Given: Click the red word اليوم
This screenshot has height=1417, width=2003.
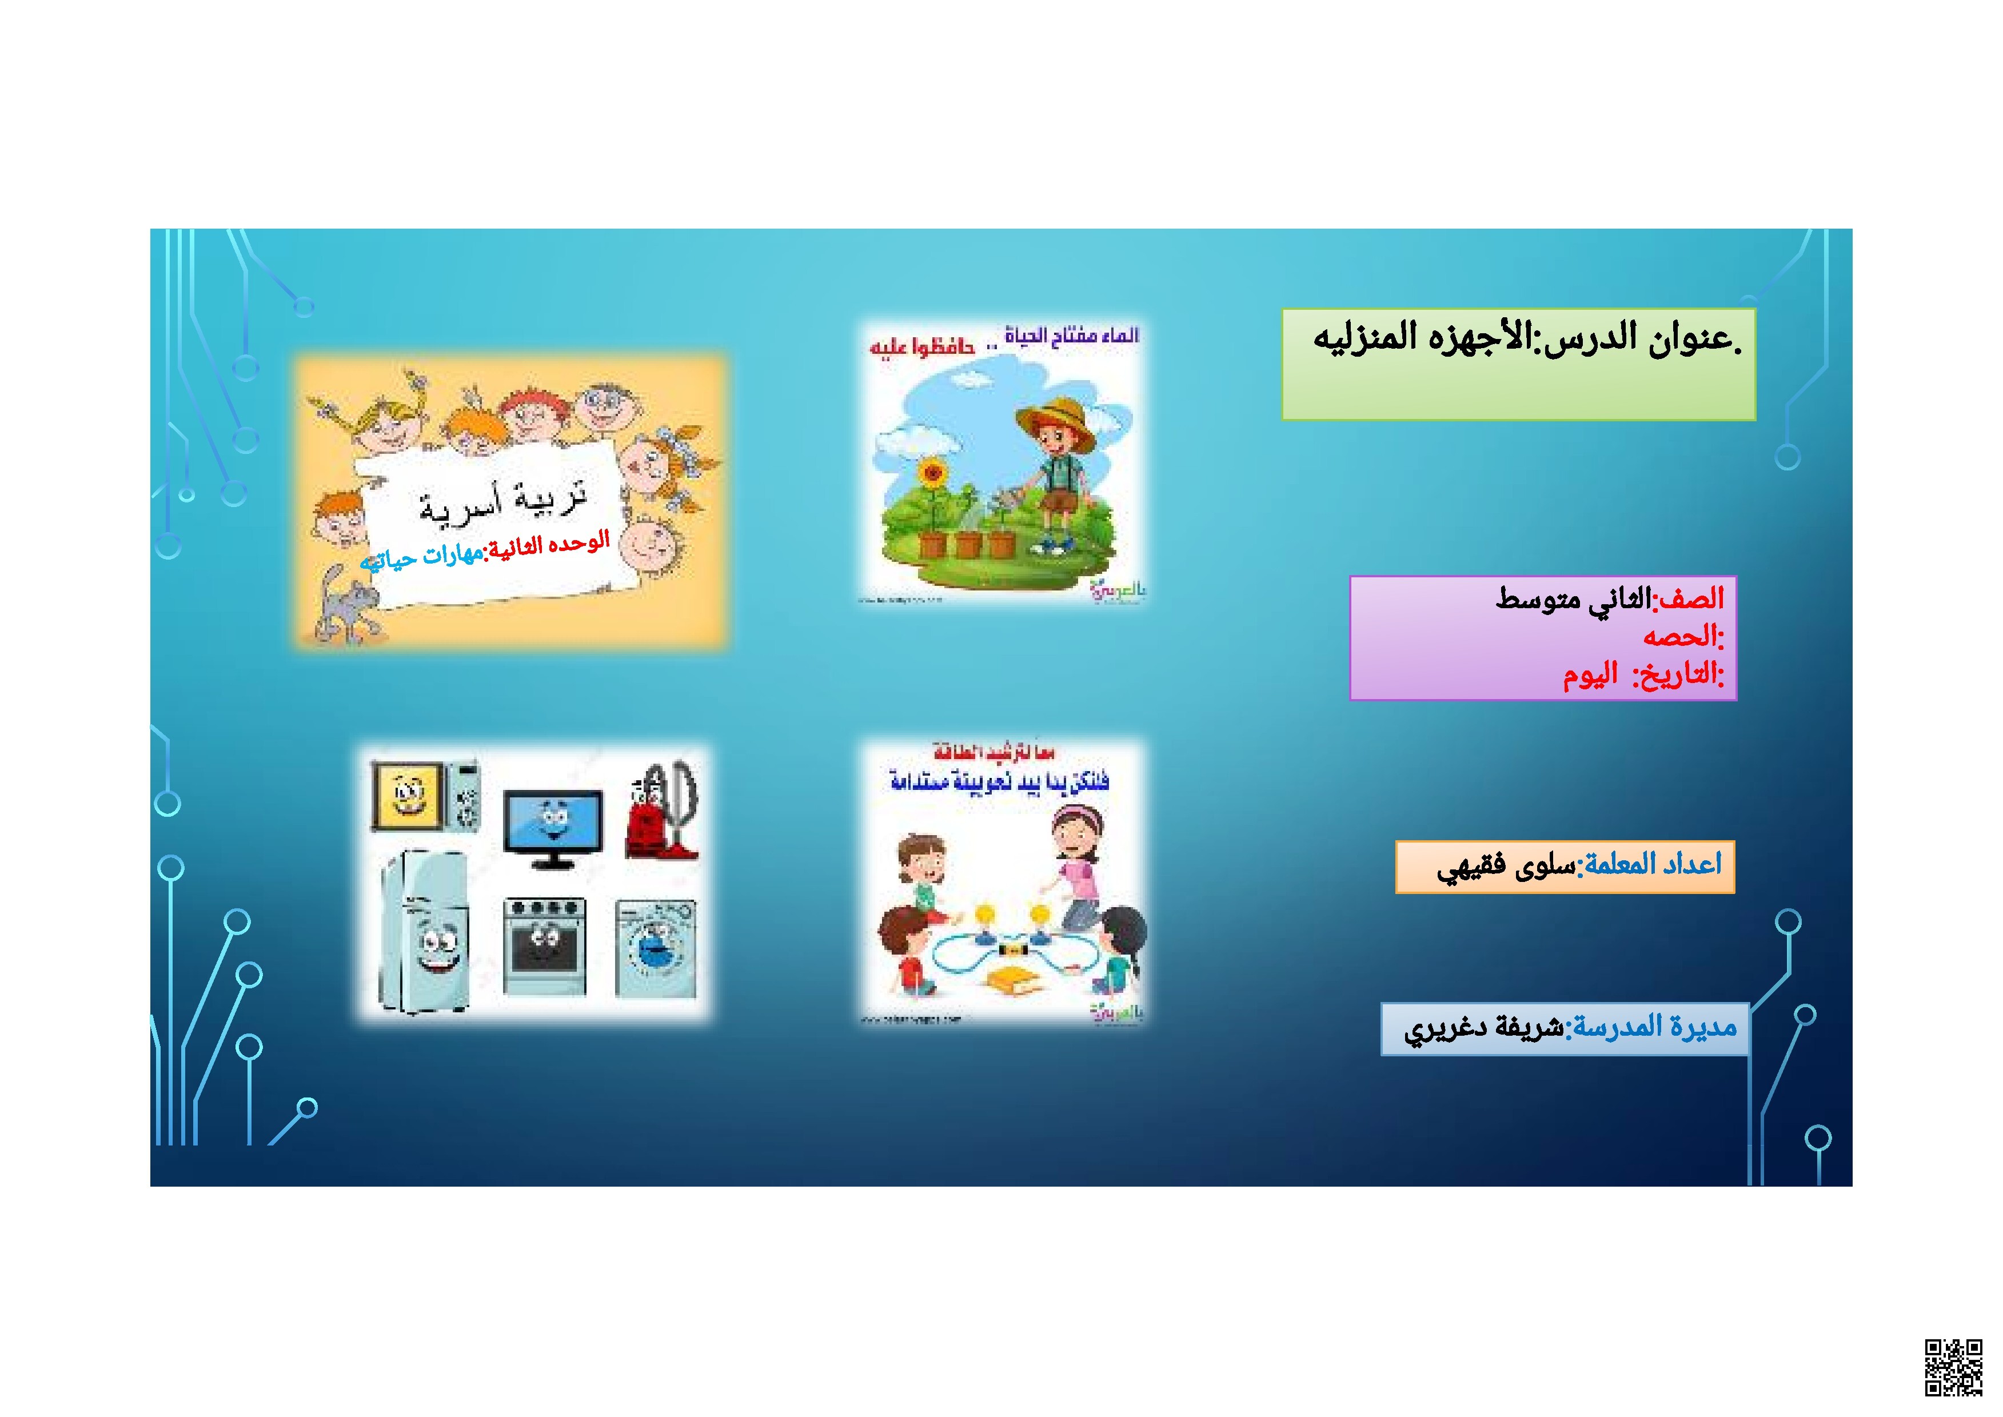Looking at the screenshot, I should click(x=1590, y=674).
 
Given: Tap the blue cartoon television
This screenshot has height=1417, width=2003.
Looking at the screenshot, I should click(x=552, y=825).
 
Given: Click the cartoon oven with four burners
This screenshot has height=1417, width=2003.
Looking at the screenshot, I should click(x=544, y=946).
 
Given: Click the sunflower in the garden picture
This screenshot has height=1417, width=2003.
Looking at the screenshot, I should click(x=932, y=476).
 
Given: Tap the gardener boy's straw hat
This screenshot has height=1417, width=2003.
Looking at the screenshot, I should click(x=1056, y=423).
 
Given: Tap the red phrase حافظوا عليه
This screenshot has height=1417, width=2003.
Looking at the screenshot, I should click(x=921, y=348).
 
